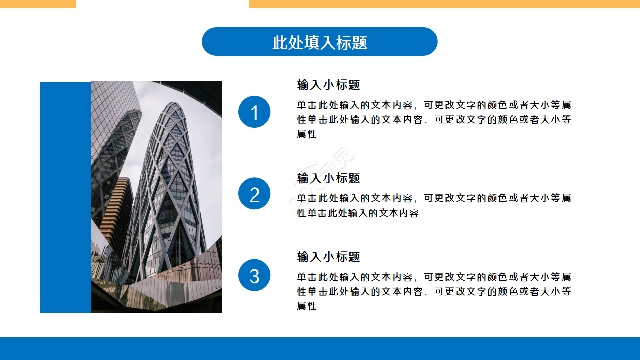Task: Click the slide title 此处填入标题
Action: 320,42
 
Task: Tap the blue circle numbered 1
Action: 254,112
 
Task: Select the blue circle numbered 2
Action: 254,194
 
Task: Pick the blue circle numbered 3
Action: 254,275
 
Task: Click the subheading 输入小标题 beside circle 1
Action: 328,85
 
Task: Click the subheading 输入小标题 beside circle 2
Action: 328,178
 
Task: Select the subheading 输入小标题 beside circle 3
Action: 328,257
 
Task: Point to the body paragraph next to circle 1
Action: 434,120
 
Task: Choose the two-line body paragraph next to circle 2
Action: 434,205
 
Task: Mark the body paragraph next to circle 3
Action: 434,291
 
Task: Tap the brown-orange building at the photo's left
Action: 116,210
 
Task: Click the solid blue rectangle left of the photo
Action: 66,197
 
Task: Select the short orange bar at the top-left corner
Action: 38,3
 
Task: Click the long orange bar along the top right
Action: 444,3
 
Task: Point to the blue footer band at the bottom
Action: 320,348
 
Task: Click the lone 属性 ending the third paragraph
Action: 307,306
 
